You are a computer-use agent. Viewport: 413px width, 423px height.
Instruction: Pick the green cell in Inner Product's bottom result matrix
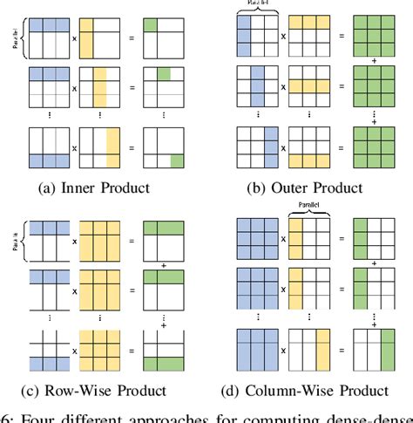click(x=176, y=161)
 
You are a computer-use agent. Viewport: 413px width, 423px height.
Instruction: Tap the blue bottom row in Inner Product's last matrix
click(x=48, y=161)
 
